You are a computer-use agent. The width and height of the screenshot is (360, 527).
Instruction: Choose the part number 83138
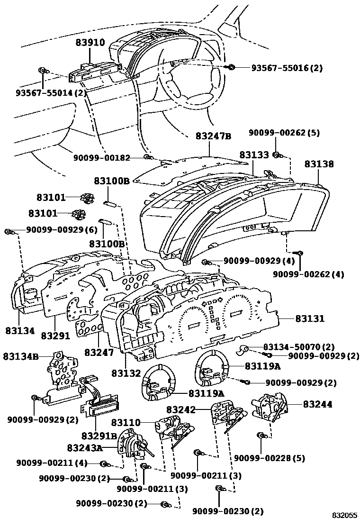point(319,164)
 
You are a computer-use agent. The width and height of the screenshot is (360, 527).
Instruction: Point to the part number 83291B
point(99,436)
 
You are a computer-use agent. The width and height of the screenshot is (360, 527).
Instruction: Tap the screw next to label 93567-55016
point(232,67)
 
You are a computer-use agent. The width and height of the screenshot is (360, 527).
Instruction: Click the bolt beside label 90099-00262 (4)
point(299,254)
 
